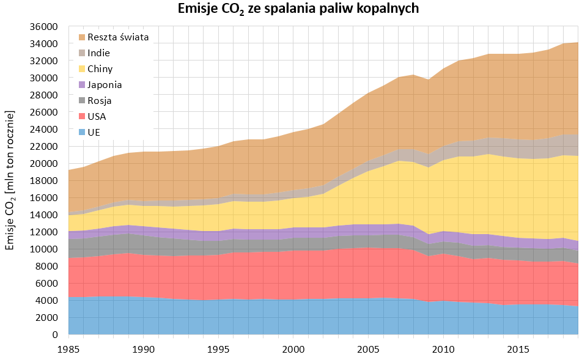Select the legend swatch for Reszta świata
[81, 37]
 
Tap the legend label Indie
[98, 53]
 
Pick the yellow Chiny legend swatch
[81, 69]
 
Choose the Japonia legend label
[105, 85]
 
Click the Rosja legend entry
[99, 101]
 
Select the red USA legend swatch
[81, 117]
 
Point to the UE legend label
[94, 133]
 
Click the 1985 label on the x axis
[68, 348]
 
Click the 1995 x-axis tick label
[218, 348]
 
